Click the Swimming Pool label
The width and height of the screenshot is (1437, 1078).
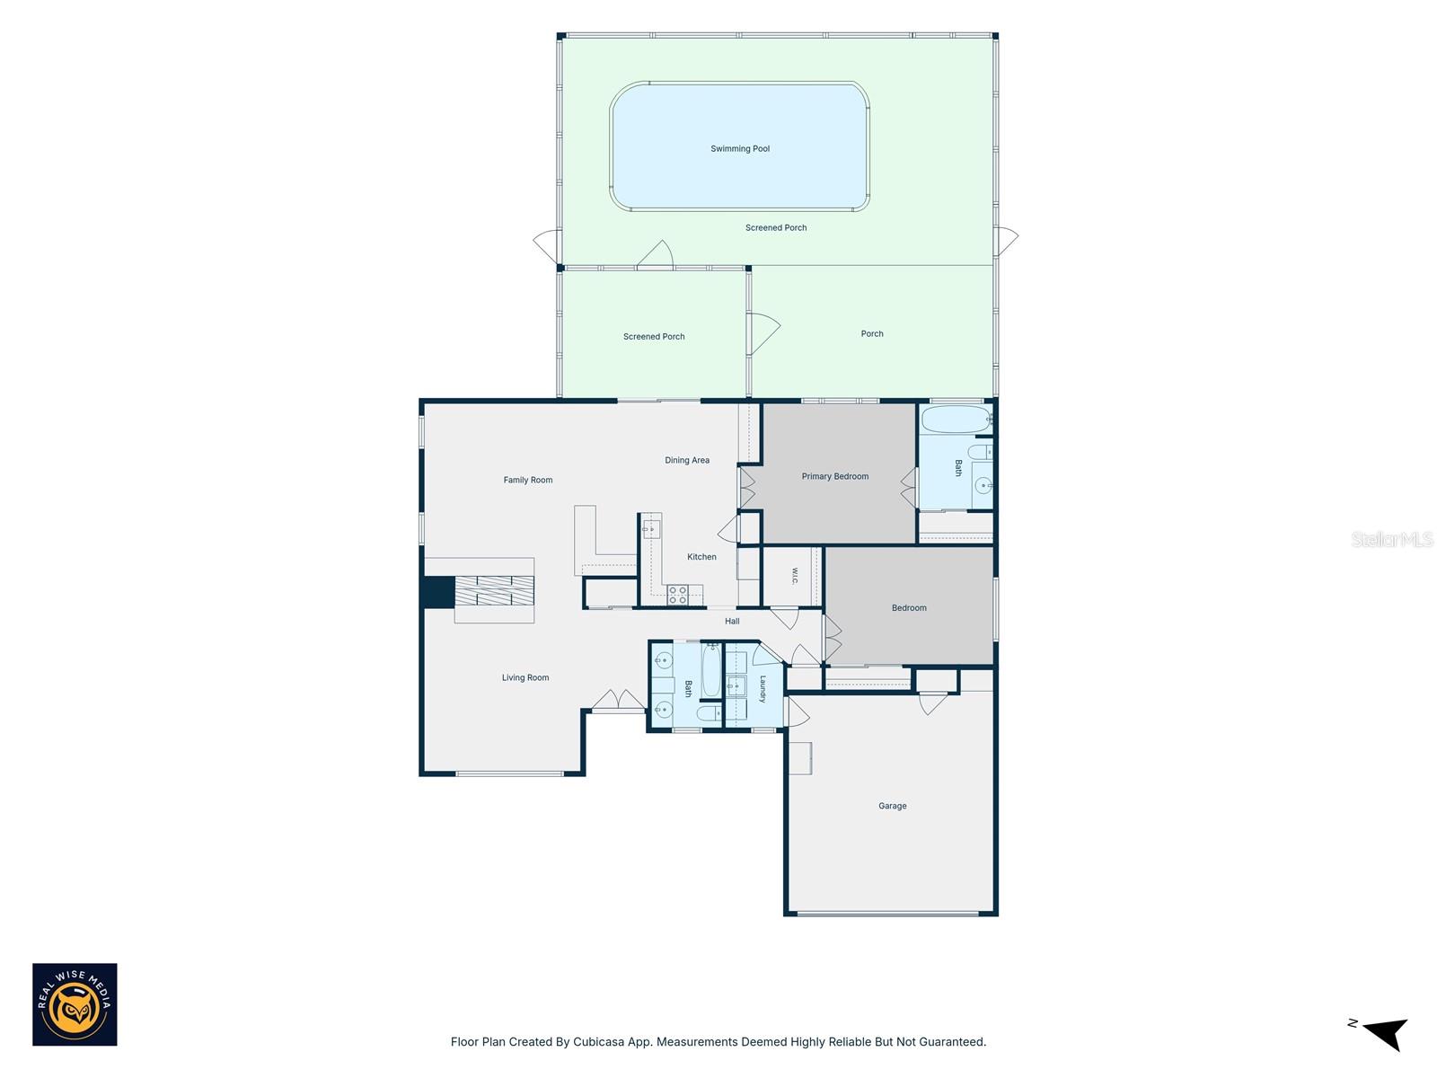pyautogui.click(x=740, y=148)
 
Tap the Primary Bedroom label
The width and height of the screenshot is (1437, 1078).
pyautogui.click(x=834, y=476)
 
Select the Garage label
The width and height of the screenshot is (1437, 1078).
pyautogui.click(x=892, y=806)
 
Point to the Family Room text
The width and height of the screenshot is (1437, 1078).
pyautogui.click(x=528, y=480)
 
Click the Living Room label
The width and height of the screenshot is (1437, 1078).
pyautogui.click(x=525, y=677)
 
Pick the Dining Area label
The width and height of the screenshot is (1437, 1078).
pyautogui.click(x=687, y=460)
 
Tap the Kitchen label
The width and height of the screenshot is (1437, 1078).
pyautogui.click(x=701, y=557)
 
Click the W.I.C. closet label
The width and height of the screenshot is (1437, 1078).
pyautogui.click(x=794, y=576)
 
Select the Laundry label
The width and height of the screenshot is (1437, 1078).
pyautogui.click(x=763, y=689)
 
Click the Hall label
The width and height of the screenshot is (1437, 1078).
pyautogui.click(x=732, y=621)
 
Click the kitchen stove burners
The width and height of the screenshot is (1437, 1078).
pyautogui.click(x=677, y=595)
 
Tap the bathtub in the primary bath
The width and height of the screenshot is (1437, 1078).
pyautogui.click(x=956, y=420)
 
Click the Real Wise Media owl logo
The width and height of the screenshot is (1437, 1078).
pyautogui.click(x=75, y=1004)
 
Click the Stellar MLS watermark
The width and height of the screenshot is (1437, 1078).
pyautogui.click(x=1392, y=539)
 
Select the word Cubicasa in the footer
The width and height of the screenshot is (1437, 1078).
pyautogui.click(x=598, y=1042)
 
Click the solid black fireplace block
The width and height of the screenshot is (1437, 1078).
pyautogui.click(x=438, y=592)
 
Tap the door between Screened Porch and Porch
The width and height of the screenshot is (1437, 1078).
pyautogui.click(x=762, y=334)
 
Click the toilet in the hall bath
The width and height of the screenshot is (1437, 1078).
pyautogui.click(x=708, y=712)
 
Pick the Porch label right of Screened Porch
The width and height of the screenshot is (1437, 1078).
pyautogui.click(x=871, y=334)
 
